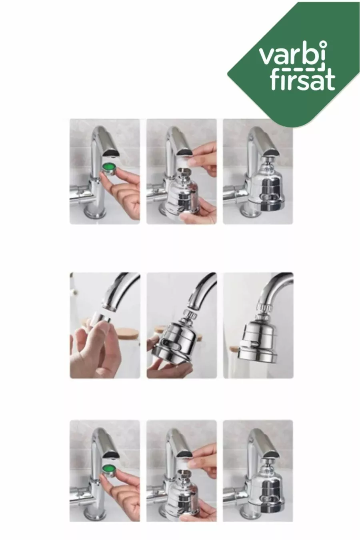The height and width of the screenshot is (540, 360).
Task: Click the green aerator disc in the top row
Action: click(109, 167)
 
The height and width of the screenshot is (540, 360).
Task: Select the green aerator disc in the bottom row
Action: click(109, 469)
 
